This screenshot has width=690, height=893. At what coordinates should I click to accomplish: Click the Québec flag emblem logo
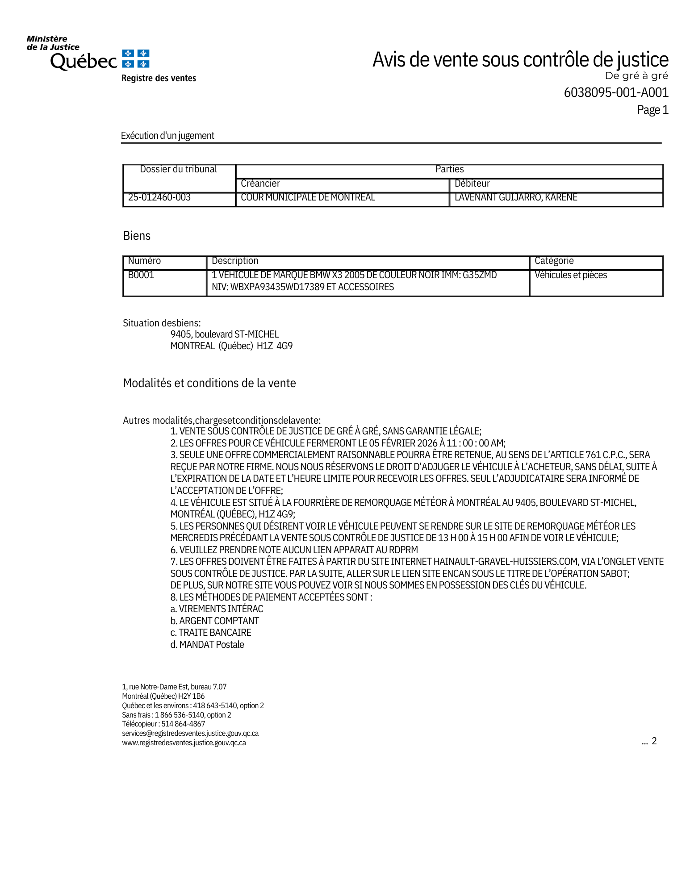[x=136, y=59]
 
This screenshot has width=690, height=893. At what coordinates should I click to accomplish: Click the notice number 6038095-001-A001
[x=616, y=92]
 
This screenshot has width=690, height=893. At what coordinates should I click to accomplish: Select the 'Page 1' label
[x=652, y=110]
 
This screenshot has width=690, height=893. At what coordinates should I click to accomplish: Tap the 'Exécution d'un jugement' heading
[x=167, y=136]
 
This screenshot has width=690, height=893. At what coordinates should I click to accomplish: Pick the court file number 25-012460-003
[x=159, y=197]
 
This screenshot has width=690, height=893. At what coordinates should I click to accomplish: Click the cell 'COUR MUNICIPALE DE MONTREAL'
[x=308, y=197]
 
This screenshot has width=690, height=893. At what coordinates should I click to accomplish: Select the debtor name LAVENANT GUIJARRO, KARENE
[x=516, y=197]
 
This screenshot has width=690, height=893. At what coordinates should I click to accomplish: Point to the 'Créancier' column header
[x=260, y=184]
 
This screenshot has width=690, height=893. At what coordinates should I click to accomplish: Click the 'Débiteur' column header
[x=472, y=184]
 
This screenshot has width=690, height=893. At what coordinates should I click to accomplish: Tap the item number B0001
[x=141, y=275]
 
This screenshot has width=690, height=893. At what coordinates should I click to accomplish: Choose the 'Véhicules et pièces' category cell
[x=571, y=275]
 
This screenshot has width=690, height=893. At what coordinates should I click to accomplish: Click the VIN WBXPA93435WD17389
[x=277, y=287]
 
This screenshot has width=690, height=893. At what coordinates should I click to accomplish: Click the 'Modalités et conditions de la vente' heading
[x=209, y=383]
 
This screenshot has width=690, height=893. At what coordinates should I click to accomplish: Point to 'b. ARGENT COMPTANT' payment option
[x=215, y=621]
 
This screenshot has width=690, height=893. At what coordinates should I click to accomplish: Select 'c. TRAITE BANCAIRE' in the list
[x=211, y=633]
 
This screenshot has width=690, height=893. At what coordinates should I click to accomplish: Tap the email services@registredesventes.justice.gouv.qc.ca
[x=190, y=733]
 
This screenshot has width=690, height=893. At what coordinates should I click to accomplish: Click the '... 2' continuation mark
[x=649, y=741]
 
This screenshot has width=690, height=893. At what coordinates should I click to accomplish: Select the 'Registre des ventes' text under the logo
[x=159, y=79]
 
